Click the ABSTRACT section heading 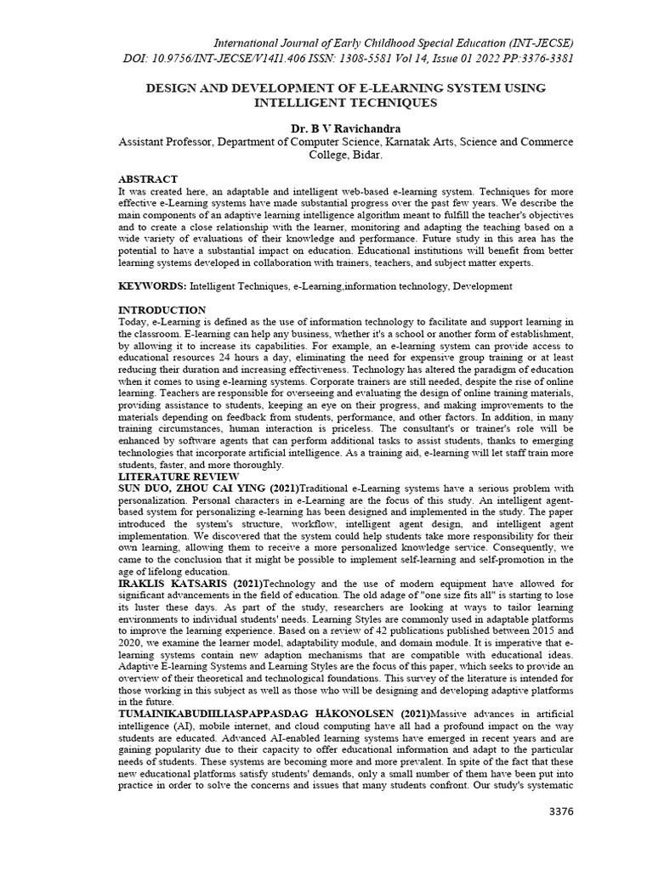[147, 179]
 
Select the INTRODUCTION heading [162, 309]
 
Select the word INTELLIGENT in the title [303, 103]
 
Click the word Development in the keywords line [482, 287]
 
